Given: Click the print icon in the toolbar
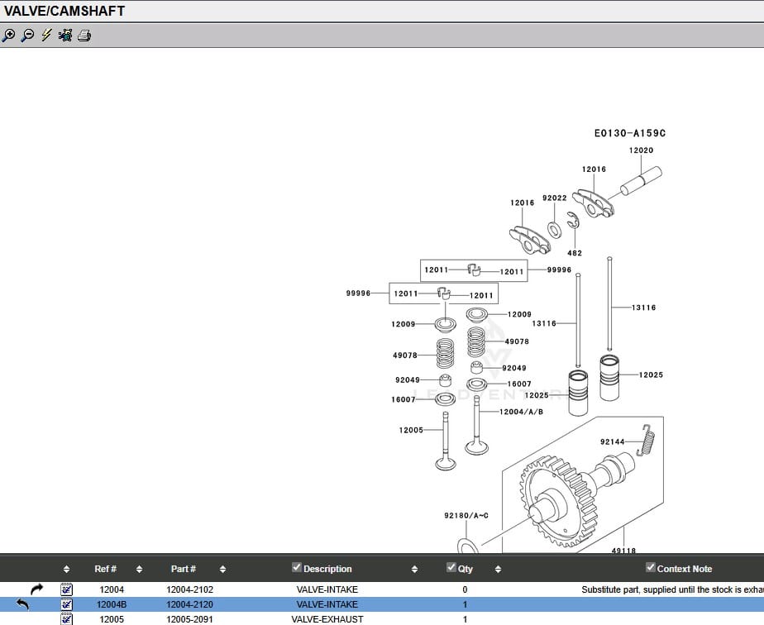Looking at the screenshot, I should tap(84, 36).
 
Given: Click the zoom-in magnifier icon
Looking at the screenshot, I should tap(8, 36).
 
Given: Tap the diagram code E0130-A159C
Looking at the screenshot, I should tap(629, 133).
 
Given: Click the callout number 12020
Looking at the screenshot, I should tap(641, 150).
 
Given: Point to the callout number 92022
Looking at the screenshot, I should tap(554, 198).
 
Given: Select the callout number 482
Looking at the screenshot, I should tap(575, 253).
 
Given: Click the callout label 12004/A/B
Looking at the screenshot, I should tap(521, 412).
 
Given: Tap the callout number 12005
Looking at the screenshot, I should tap(411, 430).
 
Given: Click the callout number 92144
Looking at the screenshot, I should tap(612, 442).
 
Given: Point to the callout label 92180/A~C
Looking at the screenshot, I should tap(466, 516).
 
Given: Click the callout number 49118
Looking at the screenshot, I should tap(623, 551).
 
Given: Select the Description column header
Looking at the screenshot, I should tap(327, 569).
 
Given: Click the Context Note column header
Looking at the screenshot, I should tap(684, 569).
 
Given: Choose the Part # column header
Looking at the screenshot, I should tap(184, 569).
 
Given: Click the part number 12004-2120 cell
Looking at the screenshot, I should tap(189, 604).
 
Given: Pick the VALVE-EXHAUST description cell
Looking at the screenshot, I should tap(327, 619).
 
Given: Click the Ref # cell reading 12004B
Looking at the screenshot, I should tap(112, 604).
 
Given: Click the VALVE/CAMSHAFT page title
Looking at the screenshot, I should tap(64, 11).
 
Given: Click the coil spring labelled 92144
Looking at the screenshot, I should tap(647, 438).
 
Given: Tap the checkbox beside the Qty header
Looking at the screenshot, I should tap(451, 567).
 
